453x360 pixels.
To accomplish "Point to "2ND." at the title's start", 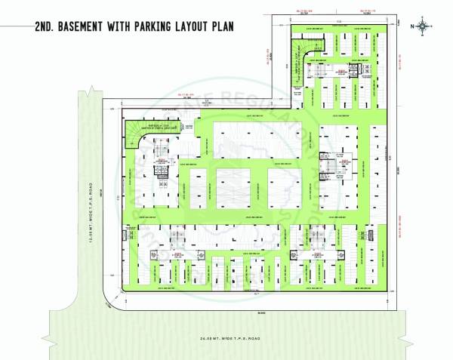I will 44,26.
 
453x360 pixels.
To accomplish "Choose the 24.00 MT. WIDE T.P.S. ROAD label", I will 226,337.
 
